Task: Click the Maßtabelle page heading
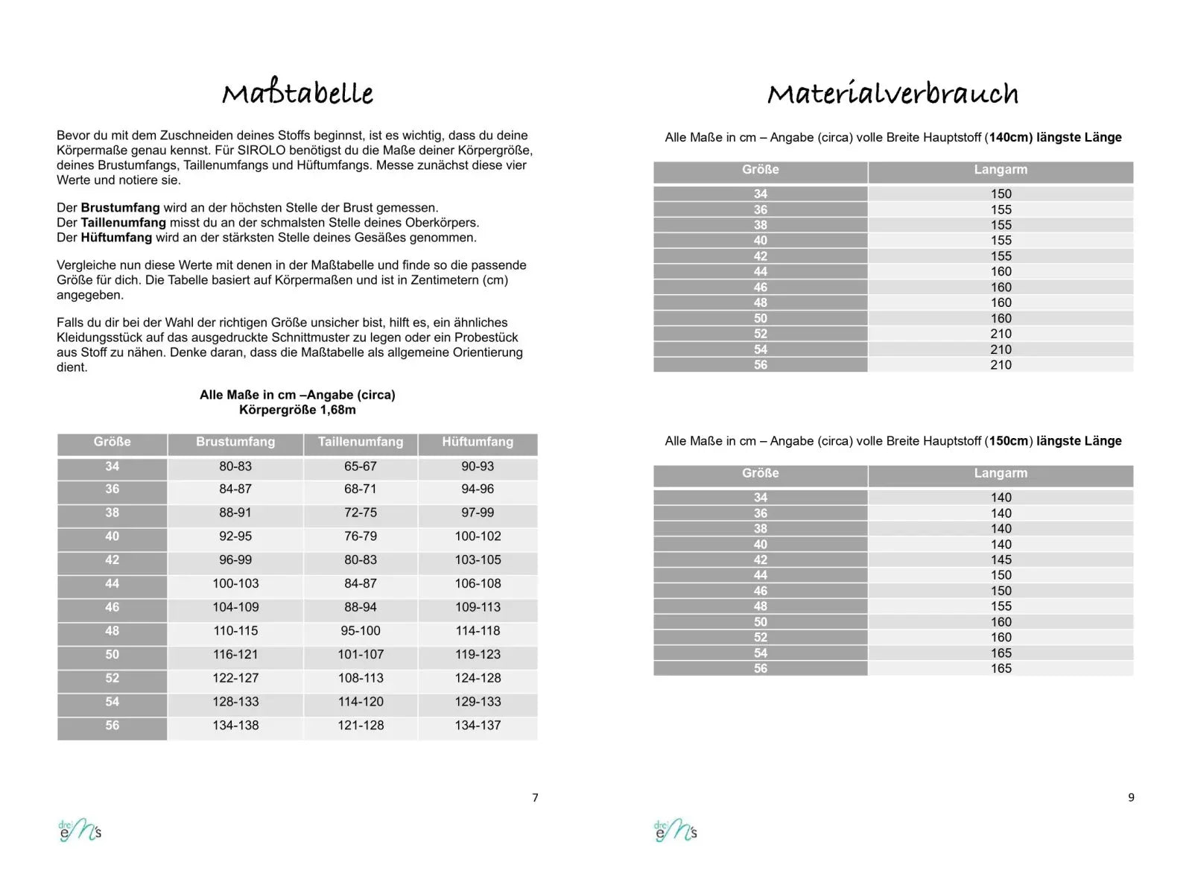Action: click(297, 94)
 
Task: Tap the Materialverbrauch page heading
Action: click(893, 94)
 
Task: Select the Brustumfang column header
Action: click(235, 442)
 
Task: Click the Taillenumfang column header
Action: click(361, 442)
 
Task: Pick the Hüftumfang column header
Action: click(478, 442)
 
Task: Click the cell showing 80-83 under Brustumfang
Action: click(235, 466)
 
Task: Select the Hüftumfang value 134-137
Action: click(478, 725)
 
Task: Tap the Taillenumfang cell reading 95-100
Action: click(361, 630)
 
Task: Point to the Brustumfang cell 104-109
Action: click(235, 607)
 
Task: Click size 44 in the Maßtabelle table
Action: click(112, 583)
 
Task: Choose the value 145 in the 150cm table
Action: click(1001, 559)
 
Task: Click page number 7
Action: click(535, 797)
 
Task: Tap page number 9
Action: click(1131, 797)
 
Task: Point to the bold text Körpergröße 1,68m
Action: click(297, 410)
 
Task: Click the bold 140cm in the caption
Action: click(1010, 137)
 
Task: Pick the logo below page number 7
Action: click(80, 831)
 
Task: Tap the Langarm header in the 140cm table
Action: click(1001, 170)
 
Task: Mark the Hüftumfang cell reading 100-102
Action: click(478, 536)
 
